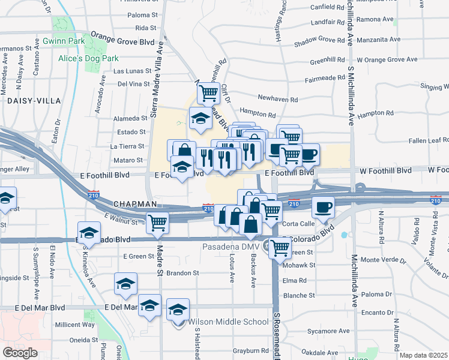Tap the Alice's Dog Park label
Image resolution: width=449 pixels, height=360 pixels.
point(88,59)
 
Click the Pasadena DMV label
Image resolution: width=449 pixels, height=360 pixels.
point(229,247)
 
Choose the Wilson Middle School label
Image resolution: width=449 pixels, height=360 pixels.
point(229,322)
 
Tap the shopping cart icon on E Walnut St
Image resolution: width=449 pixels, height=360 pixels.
point(158,222)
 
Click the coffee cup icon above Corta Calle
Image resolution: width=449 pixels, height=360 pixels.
point(323,208)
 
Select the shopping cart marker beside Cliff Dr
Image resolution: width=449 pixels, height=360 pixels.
point(208,93)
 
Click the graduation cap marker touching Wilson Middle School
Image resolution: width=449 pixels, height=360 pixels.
point(178,310)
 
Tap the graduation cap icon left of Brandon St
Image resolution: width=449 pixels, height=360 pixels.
point(125,284)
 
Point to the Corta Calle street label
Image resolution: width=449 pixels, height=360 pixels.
point(300,223)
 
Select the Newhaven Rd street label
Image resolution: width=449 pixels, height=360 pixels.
point(278,98)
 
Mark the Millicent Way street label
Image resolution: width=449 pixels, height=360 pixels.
point(75,325)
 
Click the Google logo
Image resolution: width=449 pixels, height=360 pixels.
point(20,353)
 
